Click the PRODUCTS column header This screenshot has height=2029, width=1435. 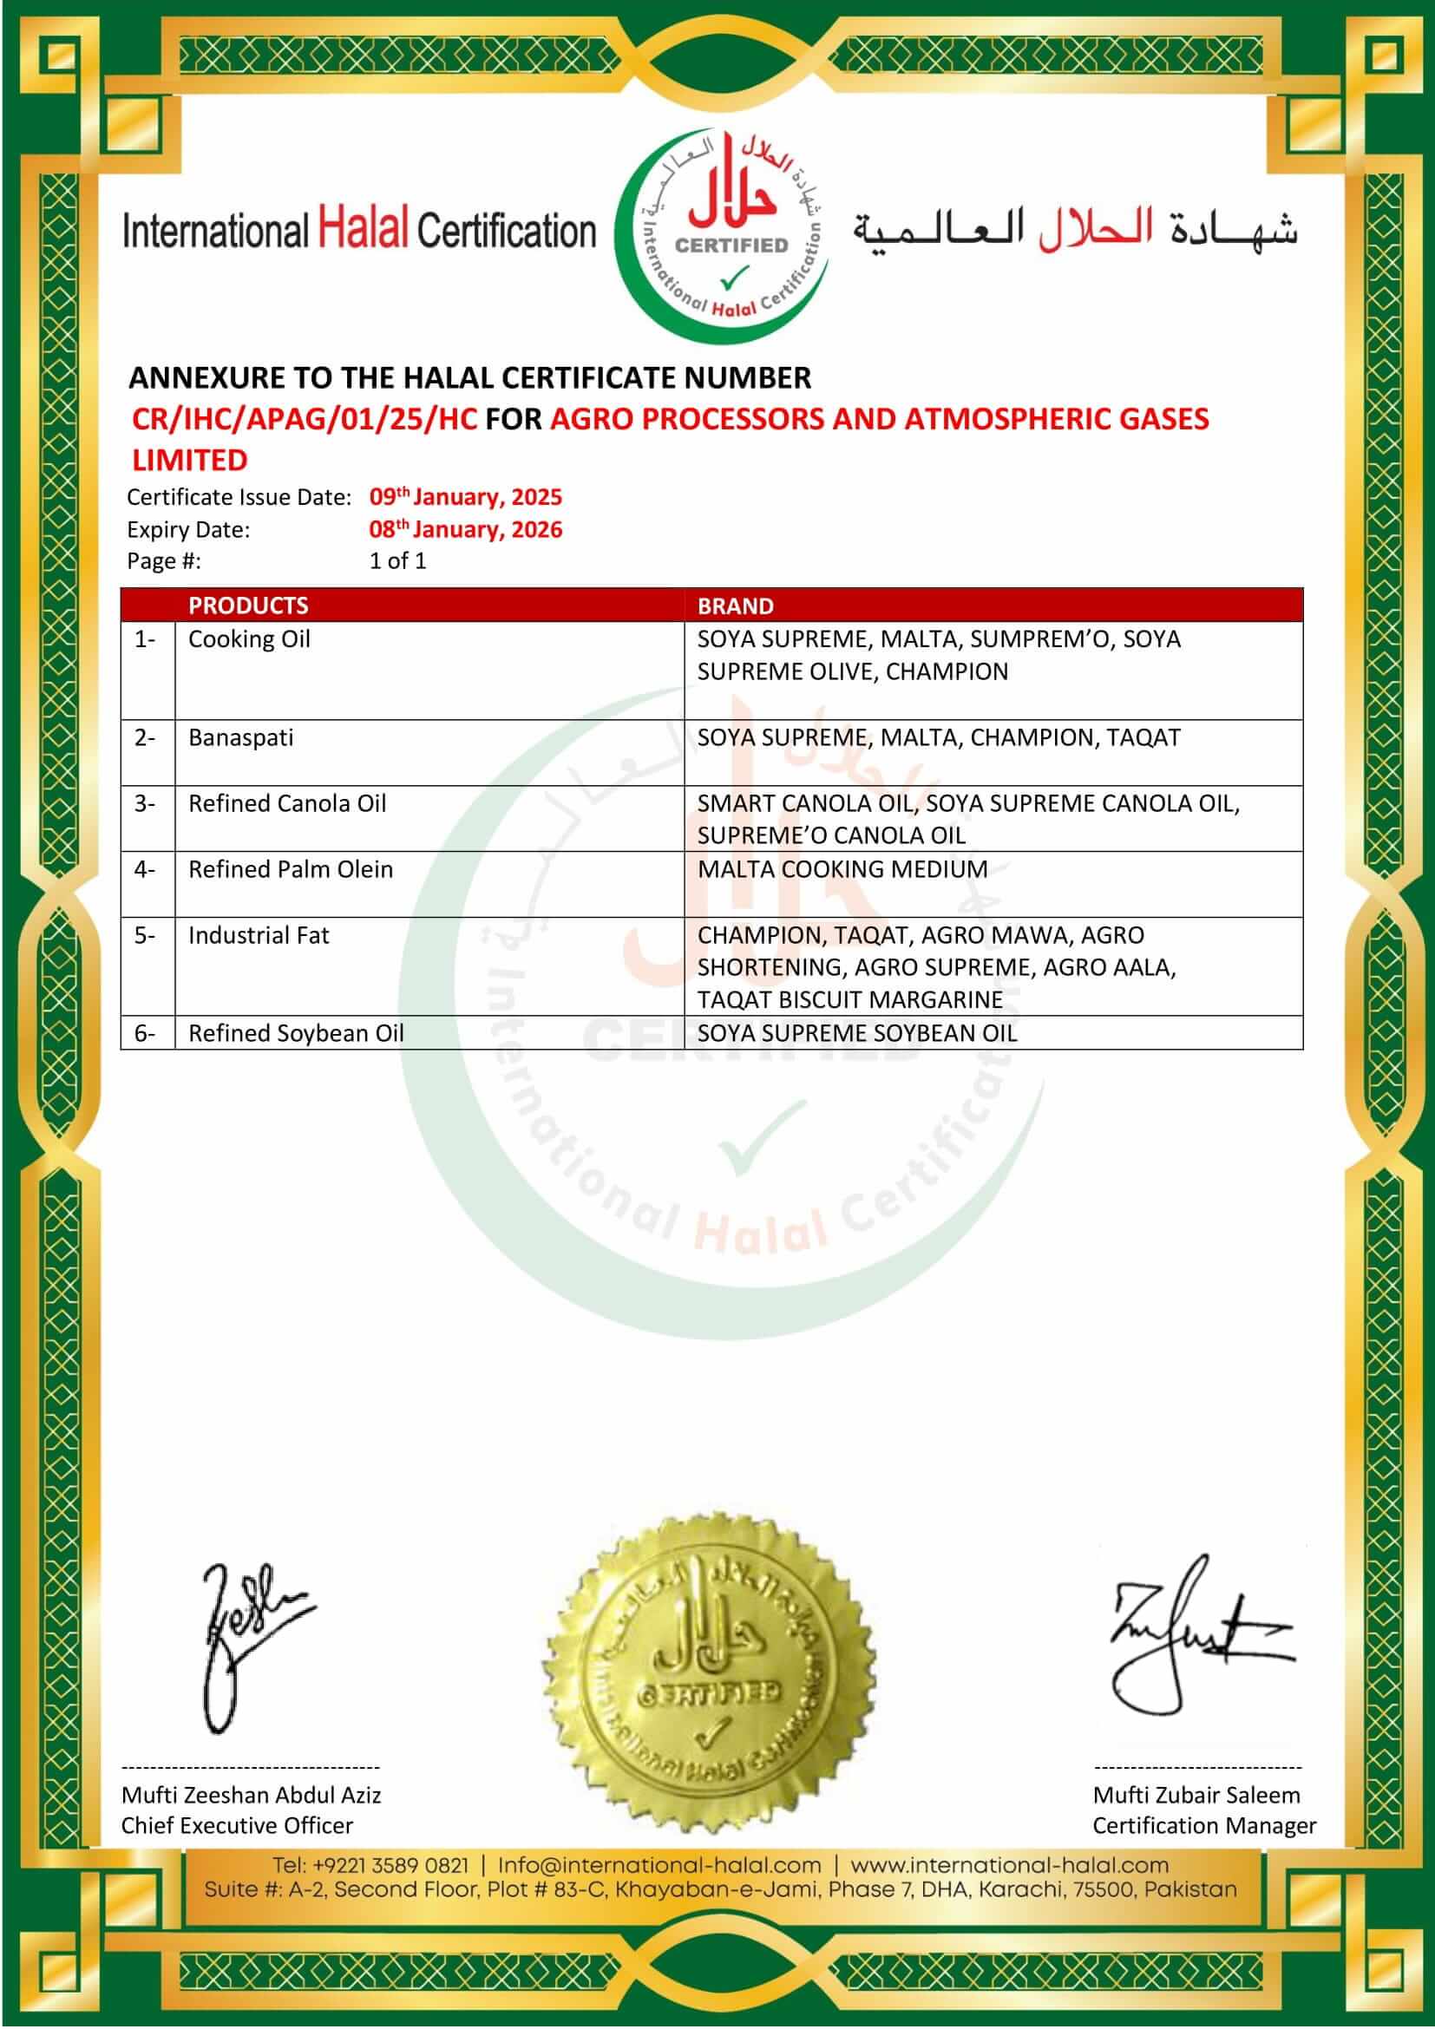[x=248, y=605]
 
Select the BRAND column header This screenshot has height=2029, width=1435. [x=735, y=605]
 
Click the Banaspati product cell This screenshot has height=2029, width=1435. [x=240, y=737]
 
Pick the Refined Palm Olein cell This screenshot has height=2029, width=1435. [x=290, y=868]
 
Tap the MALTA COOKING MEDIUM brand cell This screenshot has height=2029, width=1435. [x=842, y=868]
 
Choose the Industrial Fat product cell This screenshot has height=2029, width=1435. [x=258, y=935]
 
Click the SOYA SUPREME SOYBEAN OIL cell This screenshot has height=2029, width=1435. [x=857, y=1032]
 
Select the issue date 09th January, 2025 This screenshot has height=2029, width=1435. [x=466, y=497]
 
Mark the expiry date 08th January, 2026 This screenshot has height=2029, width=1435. [x=466, y=529]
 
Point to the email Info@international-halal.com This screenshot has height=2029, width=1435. [x=659, y=1865]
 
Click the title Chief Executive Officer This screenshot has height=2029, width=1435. [x=237, y=1825]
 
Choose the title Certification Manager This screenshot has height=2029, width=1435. [x=1203, y=1825]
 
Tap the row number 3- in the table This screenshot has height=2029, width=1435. [x=145, y=803]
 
